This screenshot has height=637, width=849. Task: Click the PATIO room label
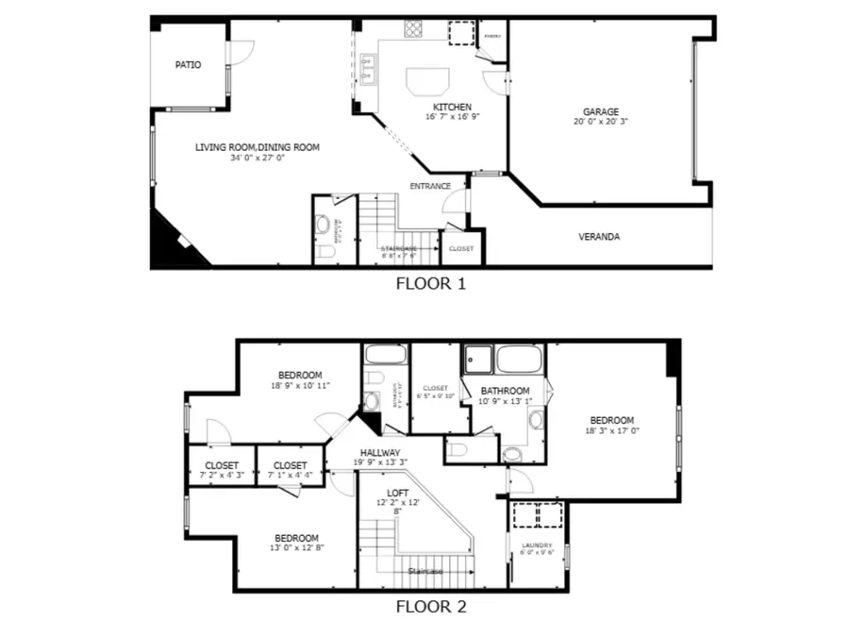pos(188,65)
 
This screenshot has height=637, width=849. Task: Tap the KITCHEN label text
pos(452,107)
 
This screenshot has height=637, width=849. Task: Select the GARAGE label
pos(600,111)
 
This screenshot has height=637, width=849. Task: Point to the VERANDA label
pos(599,237)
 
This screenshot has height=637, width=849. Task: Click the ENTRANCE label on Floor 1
pos(429,186)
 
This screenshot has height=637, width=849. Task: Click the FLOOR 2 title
pos(430,607)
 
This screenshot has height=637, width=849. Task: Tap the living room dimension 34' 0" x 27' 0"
pos(257,159)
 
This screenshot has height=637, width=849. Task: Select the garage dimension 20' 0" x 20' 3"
pos(600,122)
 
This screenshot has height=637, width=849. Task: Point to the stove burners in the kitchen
pos(414,28)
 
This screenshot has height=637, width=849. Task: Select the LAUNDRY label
pos(536,545)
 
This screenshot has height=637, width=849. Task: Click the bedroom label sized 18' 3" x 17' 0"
pos(612,420)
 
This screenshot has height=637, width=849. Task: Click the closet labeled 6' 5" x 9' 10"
pos(435,388)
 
